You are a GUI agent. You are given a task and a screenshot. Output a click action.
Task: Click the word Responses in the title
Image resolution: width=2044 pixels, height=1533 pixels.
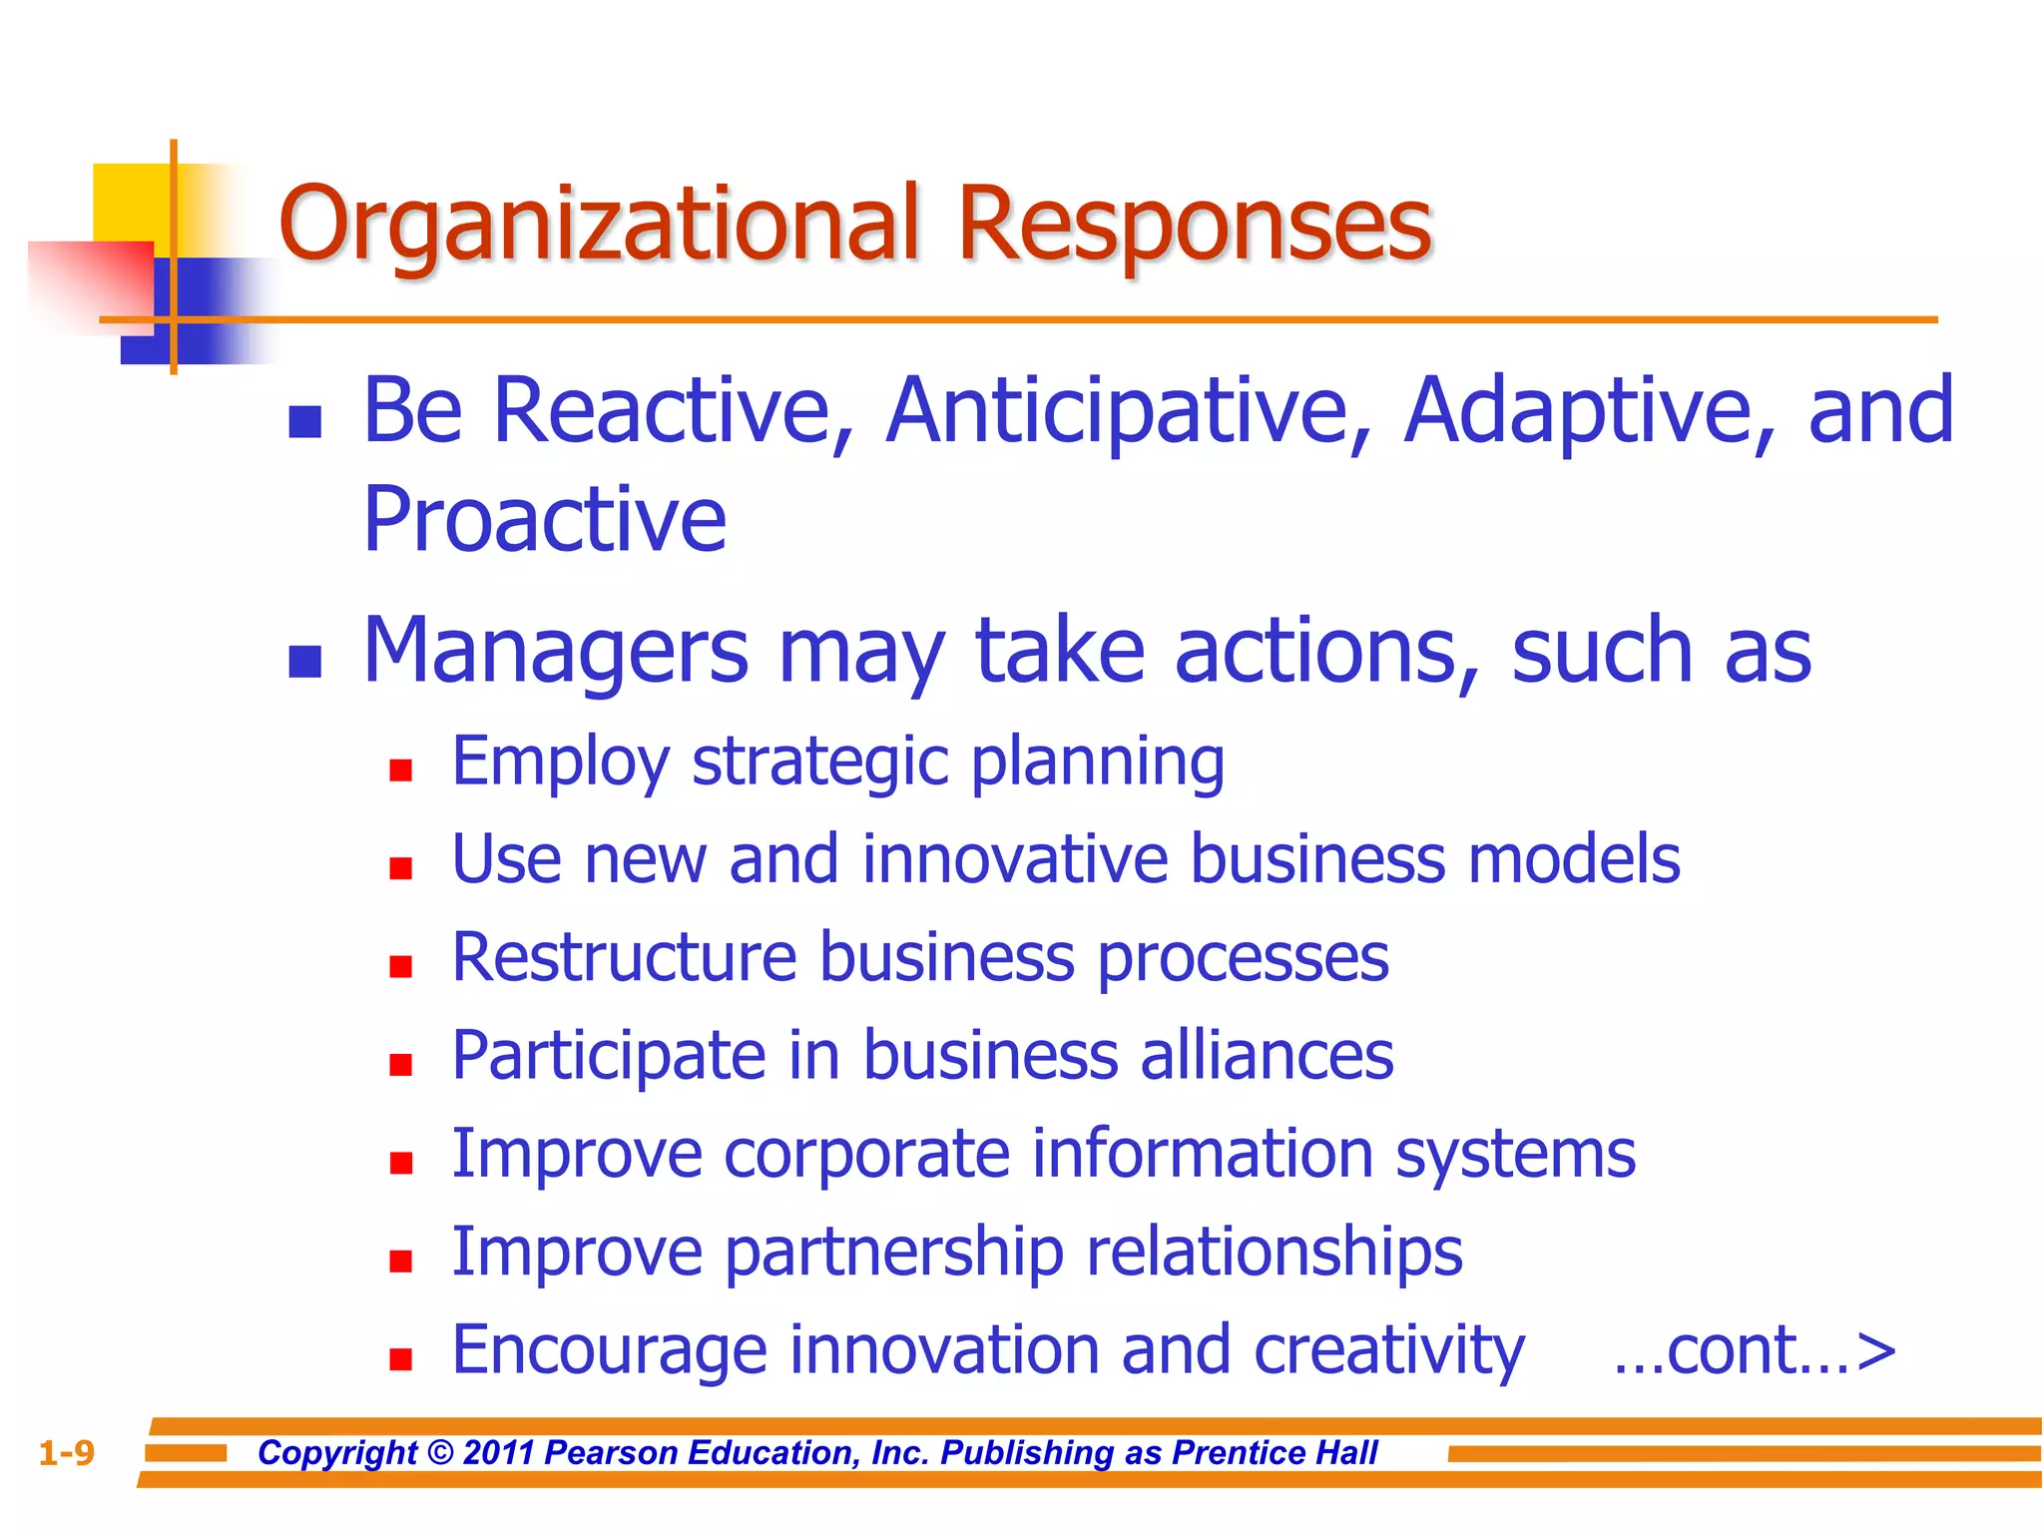coord(1194,225)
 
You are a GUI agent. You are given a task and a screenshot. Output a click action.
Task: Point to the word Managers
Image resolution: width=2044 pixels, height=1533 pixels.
coord(555,651)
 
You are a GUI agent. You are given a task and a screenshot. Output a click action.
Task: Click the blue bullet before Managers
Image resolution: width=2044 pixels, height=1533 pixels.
coord(304,661)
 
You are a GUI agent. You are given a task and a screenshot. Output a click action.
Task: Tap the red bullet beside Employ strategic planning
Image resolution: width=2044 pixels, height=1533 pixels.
coord(401,769)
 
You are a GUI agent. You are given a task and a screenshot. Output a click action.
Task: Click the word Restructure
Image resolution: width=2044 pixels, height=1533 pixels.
coord(624,957)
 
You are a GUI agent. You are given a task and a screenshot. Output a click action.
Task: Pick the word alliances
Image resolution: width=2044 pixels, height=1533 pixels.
coord(1267,1055)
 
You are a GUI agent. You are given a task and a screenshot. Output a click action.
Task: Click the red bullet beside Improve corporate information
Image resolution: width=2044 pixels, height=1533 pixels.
coord(401,1163)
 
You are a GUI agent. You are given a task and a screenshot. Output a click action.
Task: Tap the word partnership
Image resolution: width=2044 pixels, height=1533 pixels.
coord(893,1252)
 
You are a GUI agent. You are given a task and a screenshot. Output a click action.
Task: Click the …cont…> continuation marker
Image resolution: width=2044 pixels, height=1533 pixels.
coord(1754,1349)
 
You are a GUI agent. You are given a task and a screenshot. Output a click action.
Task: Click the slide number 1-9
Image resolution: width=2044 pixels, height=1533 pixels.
coord(66,1452)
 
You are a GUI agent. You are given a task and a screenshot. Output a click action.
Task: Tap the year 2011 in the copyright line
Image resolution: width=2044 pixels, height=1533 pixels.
coord(499,1452)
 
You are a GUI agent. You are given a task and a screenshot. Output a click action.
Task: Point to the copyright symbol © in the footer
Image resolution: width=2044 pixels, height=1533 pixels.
coord(439,1452)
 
